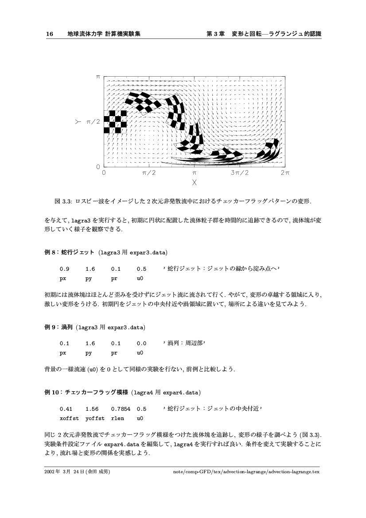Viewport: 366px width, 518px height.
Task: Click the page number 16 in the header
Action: [49, 34]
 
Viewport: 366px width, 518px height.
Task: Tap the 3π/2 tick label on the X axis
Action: [240, 173]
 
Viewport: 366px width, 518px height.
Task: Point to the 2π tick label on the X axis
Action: [284, 173]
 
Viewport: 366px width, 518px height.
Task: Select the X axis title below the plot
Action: [194, 182]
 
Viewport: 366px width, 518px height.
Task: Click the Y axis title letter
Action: [78, 121]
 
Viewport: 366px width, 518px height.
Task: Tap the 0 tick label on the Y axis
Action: [98, 167]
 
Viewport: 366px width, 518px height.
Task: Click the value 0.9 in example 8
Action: [64, 269]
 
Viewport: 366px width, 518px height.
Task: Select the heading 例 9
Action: [51, 328]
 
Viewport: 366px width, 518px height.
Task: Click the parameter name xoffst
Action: [69, 418]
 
